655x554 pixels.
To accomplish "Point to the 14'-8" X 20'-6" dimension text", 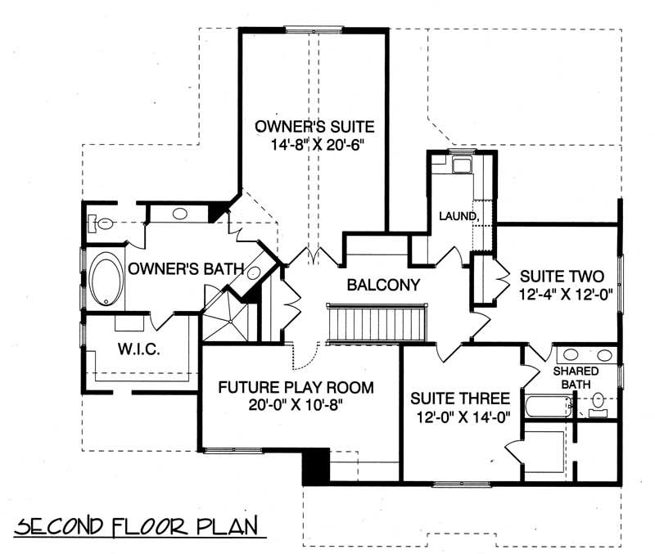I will [x=314, y=145].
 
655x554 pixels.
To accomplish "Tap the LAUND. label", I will [x=457, y=217].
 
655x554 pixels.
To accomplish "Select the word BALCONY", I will [x=383, y=286].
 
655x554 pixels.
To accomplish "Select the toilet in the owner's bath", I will [x=102, y=222].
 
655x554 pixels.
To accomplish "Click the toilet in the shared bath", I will [x=599, y=402].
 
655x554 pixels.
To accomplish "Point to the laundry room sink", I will [x=462, y=166].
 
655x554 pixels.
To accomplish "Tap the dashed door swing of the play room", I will [x=305, y=357].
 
